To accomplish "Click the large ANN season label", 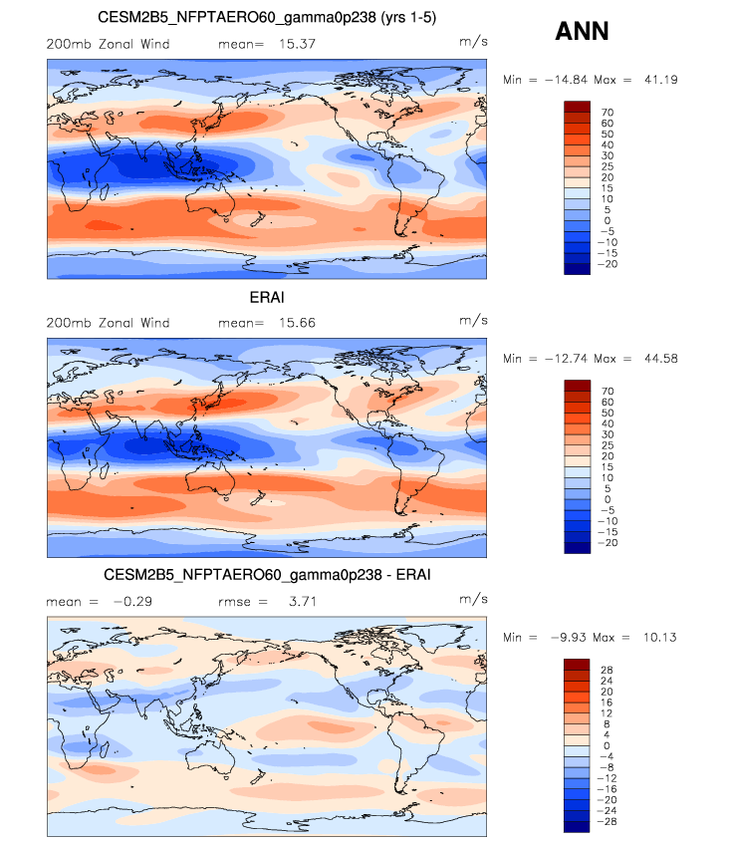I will (x=582, y=32).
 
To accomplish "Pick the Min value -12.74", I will (x=563, y=358).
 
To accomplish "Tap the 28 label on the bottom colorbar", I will (x=607, y=670).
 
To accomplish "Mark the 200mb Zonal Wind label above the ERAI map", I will (x=109, y=323).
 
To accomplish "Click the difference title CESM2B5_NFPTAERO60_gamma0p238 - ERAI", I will (x=267, y=576).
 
